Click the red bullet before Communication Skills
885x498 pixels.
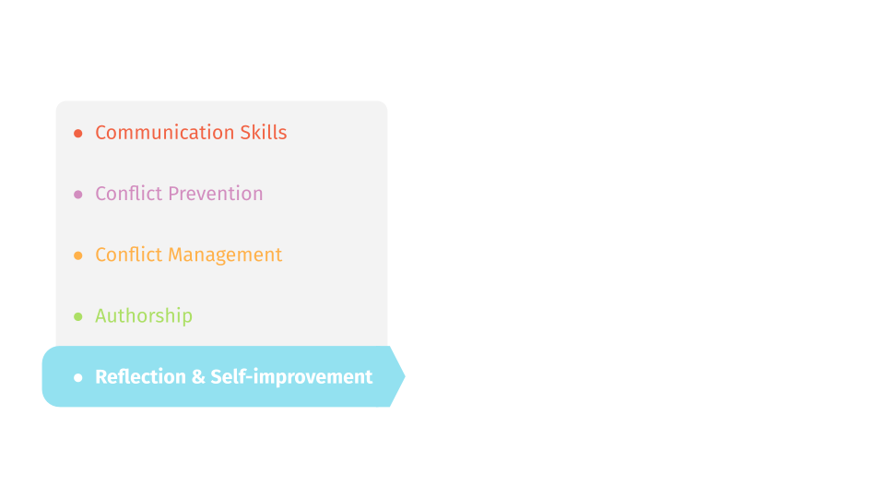pos(77,133)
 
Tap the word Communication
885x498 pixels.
pos(164,132)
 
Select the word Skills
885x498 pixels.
pos(264,132)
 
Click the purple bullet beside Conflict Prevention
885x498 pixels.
pos(77,195)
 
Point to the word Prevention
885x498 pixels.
pos(216,194)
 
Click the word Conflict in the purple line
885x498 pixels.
pos(129,194)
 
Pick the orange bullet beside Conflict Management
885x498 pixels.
pos(77,255)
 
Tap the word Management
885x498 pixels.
pos(225,255)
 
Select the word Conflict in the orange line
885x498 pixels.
pos(129,255)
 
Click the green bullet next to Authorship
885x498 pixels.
pos(77,316)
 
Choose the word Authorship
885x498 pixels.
pos(144,315)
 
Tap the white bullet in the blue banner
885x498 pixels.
pos(77,377)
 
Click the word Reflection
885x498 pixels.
pos(140,376)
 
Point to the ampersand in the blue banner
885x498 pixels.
pos(198,377)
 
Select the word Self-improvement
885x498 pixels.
pos(291,376)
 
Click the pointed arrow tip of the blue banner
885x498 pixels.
pos(405,376)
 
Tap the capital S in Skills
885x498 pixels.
pos(246,133)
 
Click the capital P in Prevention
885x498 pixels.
pos(174,194)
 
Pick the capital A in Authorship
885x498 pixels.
pos(102,315)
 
